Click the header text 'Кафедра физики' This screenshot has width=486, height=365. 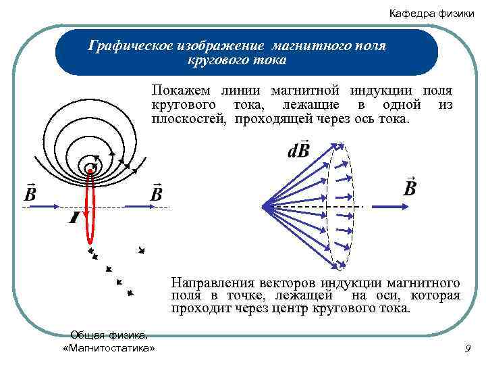click(431, 14)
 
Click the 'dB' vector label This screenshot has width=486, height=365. click(298, 149)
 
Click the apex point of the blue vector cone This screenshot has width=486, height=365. click(263, 205)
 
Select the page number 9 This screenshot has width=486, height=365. click(468, 348)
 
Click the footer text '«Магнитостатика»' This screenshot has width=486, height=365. click(108, 347)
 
